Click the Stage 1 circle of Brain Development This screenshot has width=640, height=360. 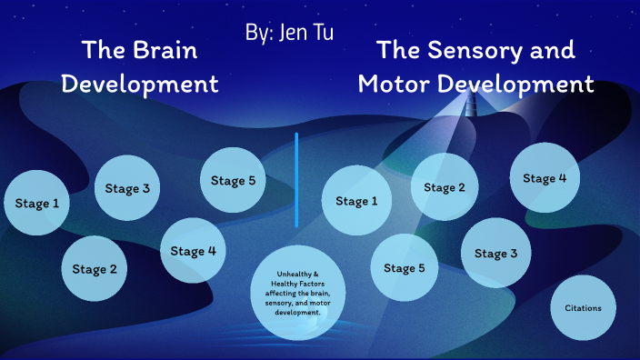coord(37,203)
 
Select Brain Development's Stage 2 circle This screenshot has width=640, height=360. coord(95,268)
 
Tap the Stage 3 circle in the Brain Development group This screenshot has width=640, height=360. coord(127,189)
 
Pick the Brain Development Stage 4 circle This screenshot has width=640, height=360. coord(194,251)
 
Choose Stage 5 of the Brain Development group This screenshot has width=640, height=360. coord(233,180)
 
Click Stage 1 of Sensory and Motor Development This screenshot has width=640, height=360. coord(356,201)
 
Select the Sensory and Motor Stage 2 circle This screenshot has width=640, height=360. coord(445,187)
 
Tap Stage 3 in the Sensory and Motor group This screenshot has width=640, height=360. coord(495,253)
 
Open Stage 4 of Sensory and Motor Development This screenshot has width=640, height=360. coord(545,178)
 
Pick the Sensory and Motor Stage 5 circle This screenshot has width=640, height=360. coord(405,267)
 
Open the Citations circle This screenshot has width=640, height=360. coord(583,308)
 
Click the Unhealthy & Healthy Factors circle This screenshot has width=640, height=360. coord(298,292)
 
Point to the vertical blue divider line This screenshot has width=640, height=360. coord(296,179)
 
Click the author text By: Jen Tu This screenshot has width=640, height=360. coord(289,32)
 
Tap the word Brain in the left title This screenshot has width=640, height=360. coord(165,50)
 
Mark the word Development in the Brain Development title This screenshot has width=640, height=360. coord(145,85)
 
